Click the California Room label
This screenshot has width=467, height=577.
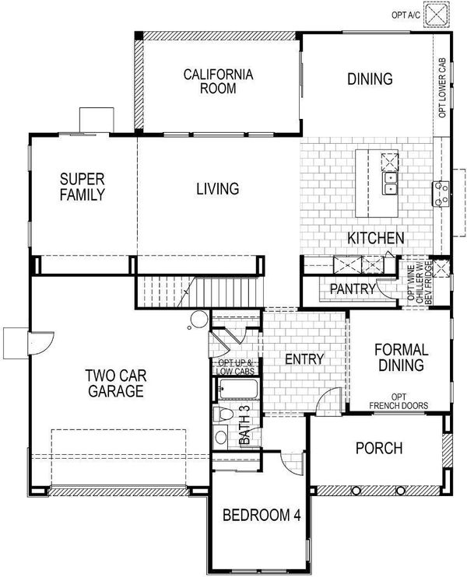(219, 82)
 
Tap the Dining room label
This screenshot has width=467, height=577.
(370, 79)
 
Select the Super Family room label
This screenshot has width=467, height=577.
(83, 187)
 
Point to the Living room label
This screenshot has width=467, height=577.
(218, 188)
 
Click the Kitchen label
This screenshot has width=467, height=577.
(376, 238)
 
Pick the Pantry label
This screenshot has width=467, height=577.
(353, 288)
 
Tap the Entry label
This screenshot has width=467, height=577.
(304, 358)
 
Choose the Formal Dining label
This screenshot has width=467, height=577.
(401, 357)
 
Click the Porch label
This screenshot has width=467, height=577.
(379, 448)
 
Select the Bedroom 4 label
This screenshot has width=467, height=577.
(262, 515)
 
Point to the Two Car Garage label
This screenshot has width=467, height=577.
(116, 383)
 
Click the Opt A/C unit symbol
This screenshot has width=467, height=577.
(437, 15)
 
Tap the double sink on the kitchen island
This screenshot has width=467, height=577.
(389, 184)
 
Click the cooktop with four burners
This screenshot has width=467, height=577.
(441, 194)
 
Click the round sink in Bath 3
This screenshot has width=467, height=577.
(220, 437)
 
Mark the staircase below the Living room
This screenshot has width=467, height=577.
(199, 292)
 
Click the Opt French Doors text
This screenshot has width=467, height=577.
(399, 401)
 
